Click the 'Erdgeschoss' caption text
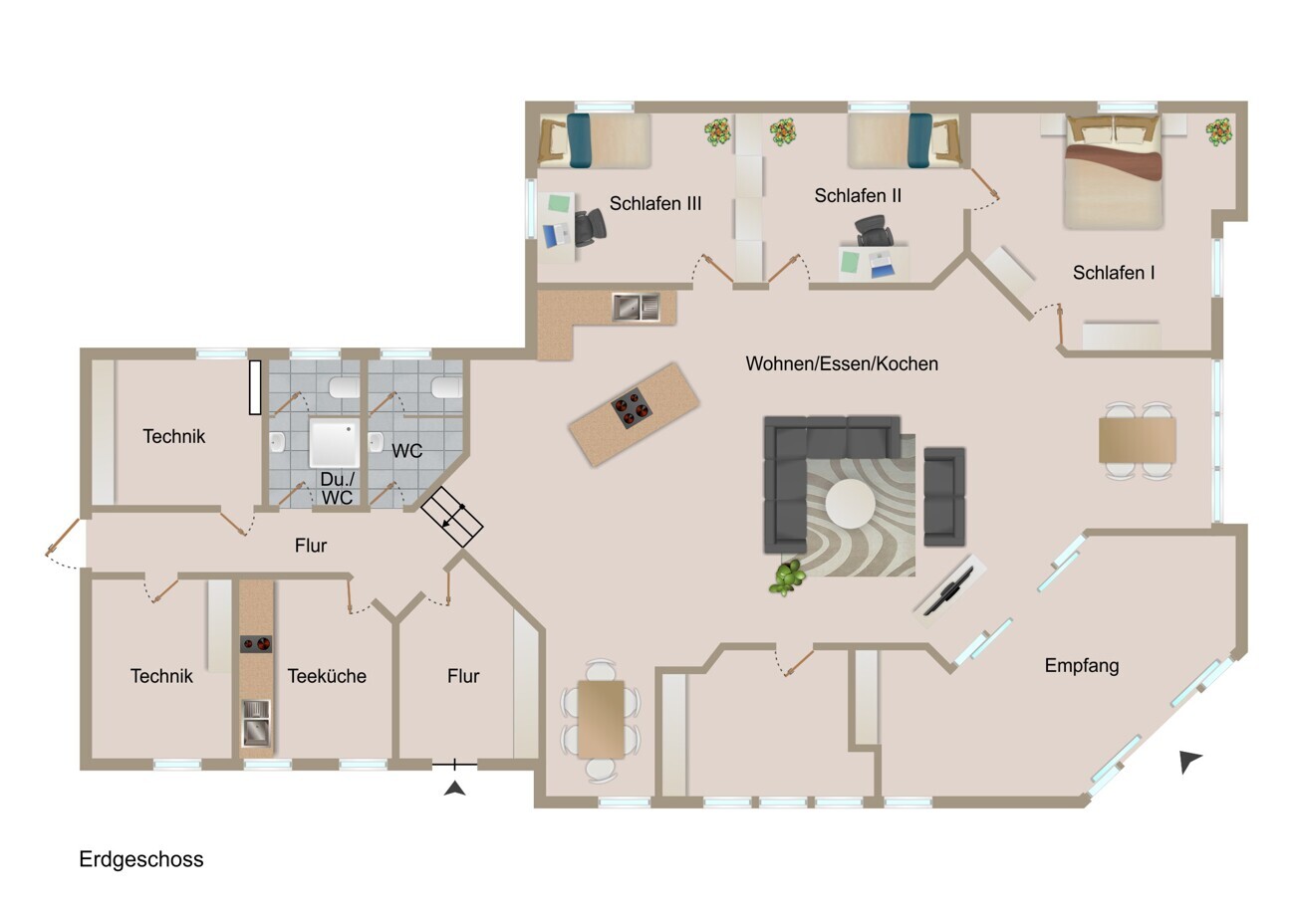141,859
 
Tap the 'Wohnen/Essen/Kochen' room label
842,364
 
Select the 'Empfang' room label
1082,666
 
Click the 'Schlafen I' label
1114,273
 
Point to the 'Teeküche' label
327,676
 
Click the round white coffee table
851,503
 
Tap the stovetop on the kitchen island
633,408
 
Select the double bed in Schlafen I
1113,171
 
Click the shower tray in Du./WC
334,444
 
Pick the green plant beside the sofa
787,577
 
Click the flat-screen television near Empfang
948,592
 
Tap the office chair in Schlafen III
591,227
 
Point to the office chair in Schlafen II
874,230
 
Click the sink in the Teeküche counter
256,722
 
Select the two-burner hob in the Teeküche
256,644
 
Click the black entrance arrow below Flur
455,788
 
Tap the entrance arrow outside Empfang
1189,761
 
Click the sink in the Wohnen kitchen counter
636,307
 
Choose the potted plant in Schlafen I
1218,132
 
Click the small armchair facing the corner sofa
944,497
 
